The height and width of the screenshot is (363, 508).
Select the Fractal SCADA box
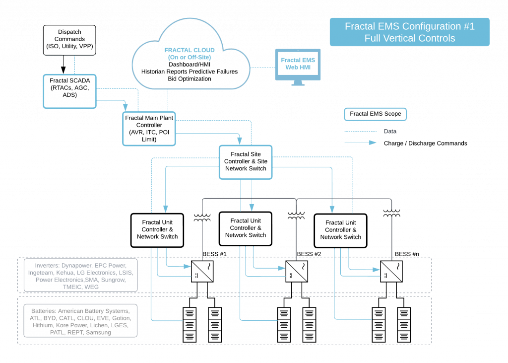[69, 91]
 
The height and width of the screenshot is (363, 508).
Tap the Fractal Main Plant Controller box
[149, 129]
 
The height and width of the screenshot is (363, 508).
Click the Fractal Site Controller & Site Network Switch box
[246, 161]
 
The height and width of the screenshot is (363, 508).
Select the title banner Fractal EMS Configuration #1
[409, 32]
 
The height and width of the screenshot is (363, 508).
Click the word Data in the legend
[390, 132]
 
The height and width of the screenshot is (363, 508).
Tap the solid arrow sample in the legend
[361, 143]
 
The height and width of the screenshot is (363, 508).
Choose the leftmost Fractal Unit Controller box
[157, 230]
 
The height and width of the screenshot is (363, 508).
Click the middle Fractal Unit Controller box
[246, 228]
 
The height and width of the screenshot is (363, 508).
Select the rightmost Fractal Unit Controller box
[340, 230]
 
